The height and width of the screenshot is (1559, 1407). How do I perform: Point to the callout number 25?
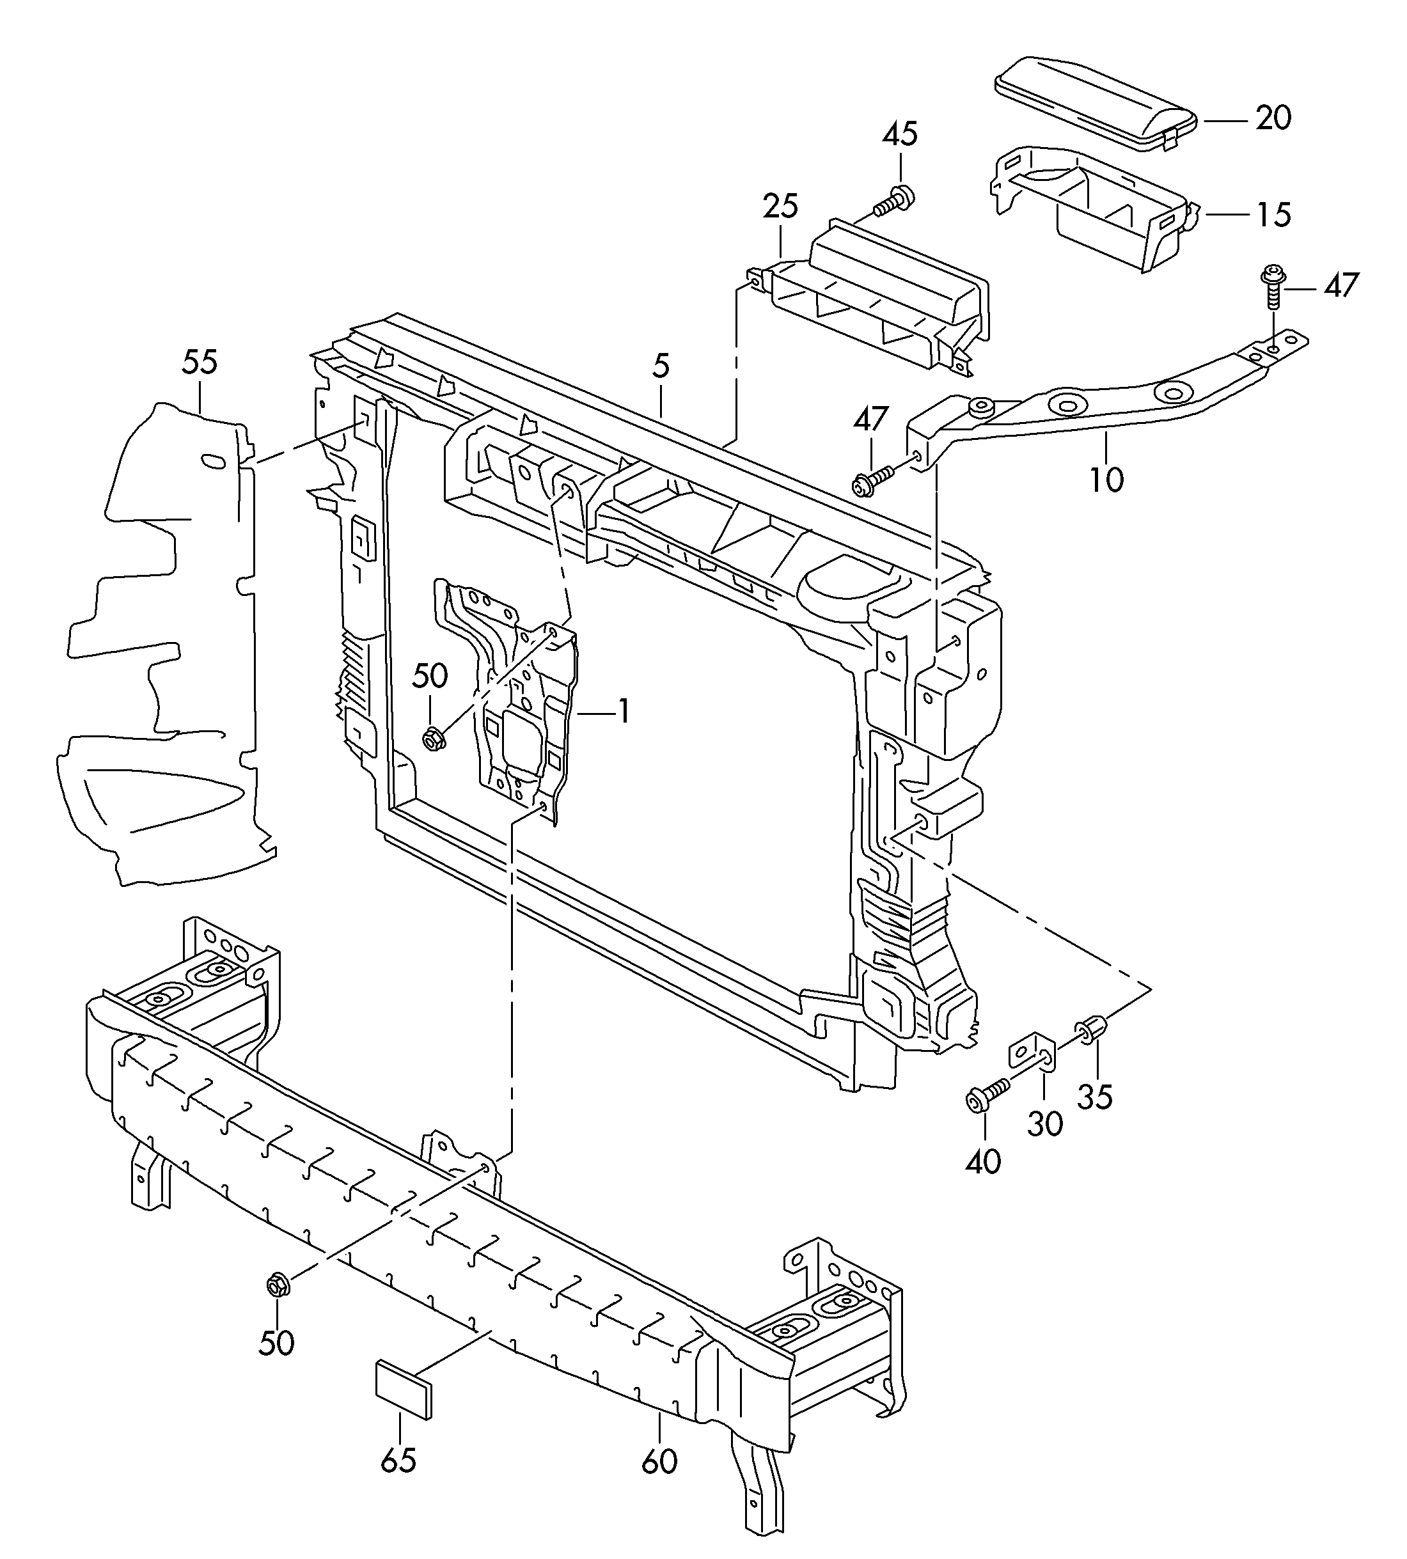[780, 207]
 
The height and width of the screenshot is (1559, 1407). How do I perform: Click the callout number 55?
[200, 362]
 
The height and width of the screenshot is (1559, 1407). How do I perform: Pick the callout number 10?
[1106, 480]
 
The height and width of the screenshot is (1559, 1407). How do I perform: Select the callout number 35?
[1095, 1096]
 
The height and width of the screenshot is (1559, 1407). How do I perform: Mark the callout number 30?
[1045, 1123]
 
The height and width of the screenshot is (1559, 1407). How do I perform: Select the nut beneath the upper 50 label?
[433, 738]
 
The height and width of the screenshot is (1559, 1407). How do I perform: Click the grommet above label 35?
[1091, 1029]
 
